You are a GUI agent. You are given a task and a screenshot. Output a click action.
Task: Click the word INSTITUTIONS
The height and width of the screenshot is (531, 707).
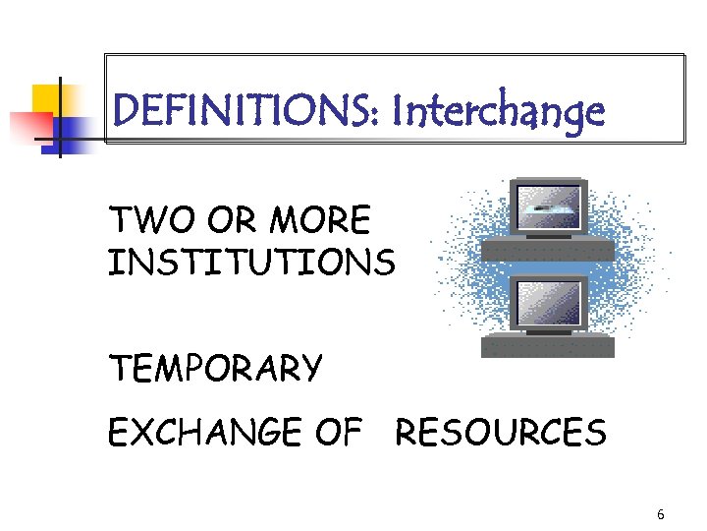coord(252,263)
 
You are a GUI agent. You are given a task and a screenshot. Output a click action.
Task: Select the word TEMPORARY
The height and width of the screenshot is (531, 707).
coord(215,369)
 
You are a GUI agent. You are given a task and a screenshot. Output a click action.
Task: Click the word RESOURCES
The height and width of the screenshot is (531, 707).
coord(501,432)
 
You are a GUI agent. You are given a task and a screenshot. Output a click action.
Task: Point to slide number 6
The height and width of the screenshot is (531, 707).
coord(660,514)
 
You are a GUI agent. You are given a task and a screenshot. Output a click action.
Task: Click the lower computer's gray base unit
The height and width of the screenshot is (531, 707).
coord(548,346)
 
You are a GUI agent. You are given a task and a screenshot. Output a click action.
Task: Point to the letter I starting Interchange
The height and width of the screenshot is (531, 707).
coord(396,111)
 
